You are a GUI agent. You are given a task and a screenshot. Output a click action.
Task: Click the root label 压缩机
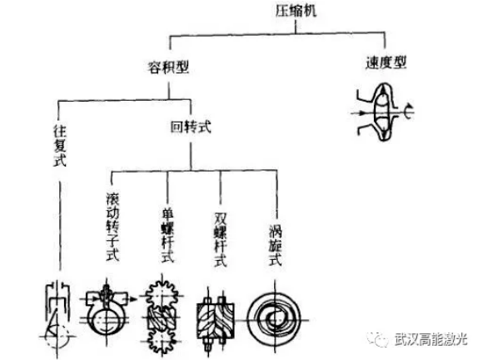[296, 11]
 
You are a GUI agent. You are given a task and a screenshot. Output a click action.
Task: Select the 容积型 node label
[168, 67]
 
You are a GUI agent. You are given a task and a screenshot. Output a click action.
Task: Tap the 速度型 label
[386, 62]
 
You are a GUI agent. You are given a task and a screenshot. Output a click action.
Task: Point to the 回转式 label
[191, 127]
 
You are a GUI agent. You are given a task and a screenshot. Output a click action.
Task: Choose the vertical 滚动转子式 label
[112, 227]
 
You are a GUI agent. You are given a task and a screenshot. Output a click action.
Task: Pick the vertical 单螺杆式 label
[167, 235]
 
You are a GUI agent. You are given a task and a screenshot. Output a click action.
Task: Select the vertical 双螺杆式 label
[221, 239]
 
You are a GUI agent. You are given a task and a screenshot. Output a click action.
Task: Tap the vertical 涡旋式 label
[276, 245]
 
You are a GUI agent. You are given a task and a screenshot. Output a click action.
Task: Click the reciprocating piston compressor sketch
[57, 317]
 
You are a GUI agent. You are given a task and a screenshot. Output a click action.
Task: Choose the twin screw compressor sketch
[215, 320]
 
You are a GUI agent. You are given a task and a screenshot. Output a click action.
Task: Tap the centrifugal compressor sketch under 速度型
[383, 112]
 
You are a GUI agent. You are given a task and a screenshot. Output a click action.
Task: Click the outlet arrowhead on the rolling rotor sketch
[133, 299]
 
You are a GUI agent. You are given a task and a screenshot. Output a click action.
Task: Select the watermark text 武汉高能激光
[431, 339]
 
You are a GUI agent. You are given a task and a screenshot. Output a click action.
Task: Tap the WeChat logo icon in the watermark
[378, 338]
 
